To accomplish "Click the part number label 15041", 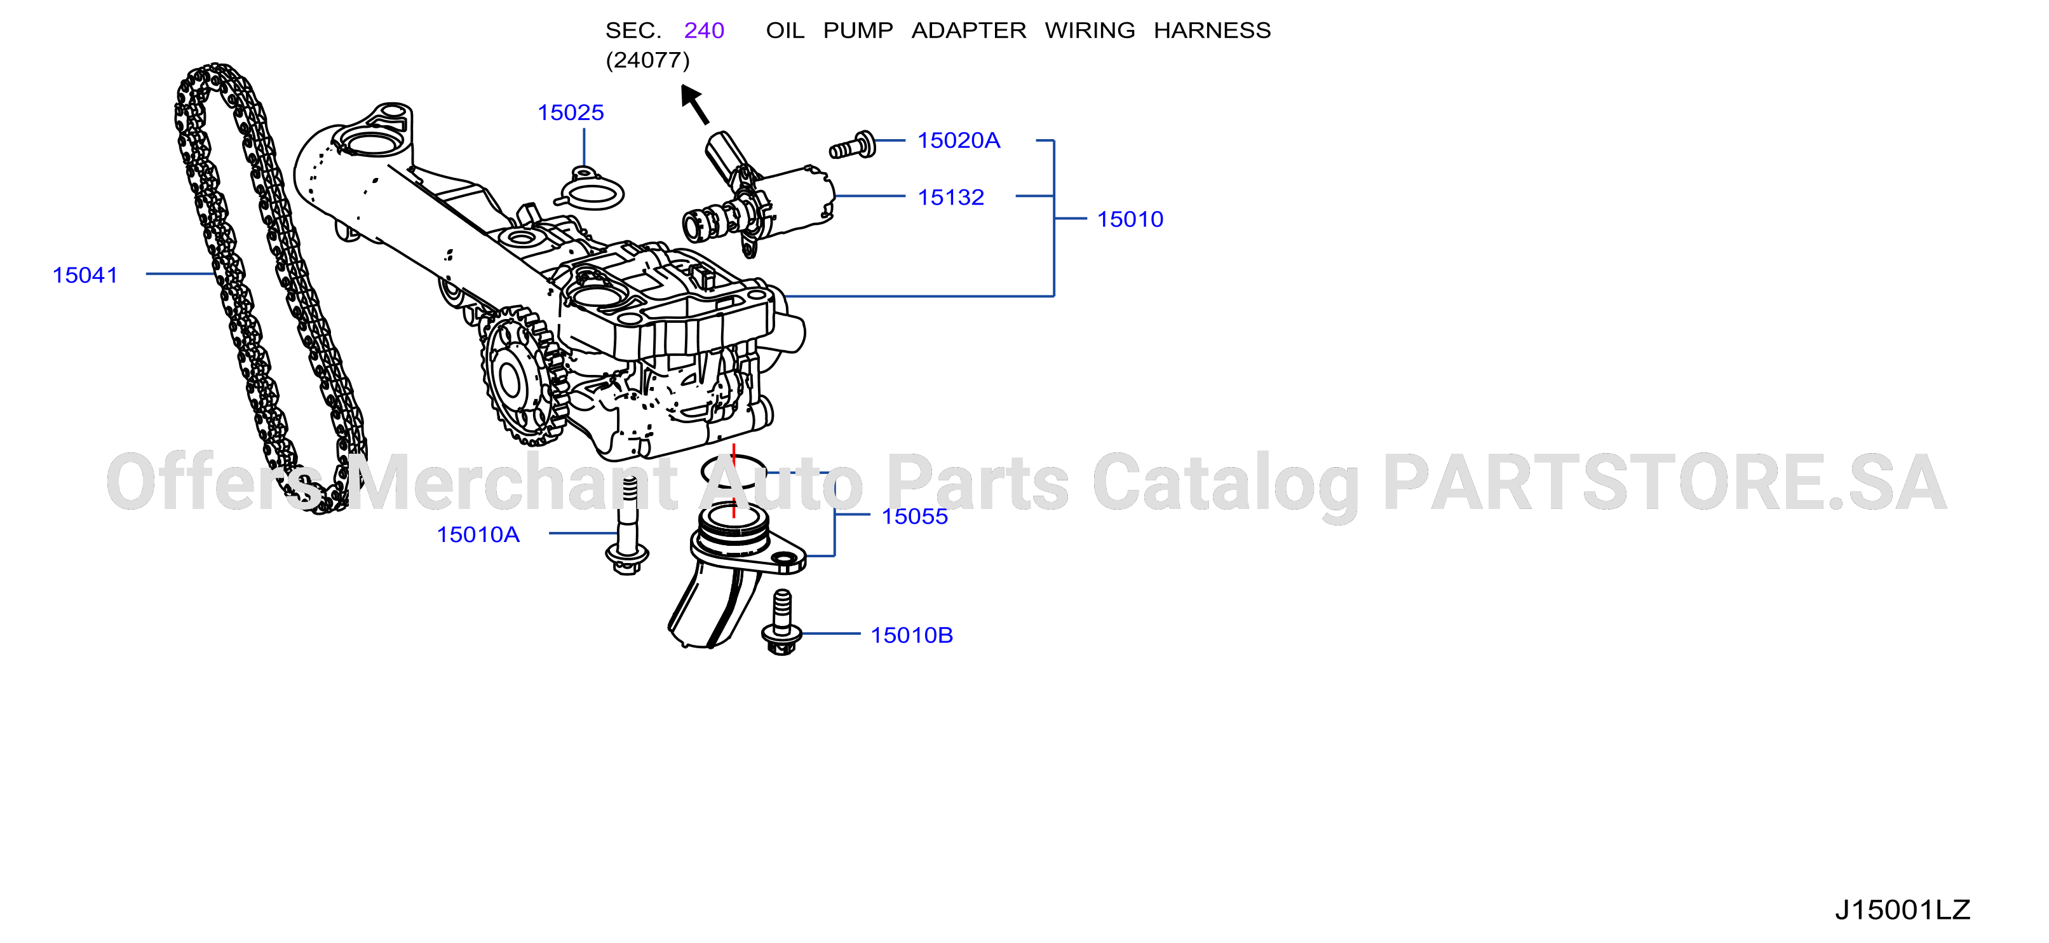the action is click(x=85, y=275).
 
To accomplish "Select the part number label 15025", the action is click(x=571, y=113).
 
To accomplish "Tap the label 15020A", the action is click(x=959, y=141).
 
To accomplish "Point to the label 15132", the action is click(x=950, y=198).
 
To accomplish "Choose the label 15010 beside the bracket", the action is click(x=1130, y=220).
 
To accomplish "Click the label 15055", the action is click(x=915, y=517).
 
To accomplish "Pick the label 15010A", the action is click(x=478, y=535).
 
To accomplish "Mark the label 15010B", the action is click(x=912, y=635).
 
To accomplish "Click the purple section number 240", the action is click(x=704, y=31).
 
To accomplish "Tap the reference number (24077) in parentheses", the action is click(x=647, y=60).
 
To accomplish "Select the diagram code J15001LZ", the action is click(x=1903, y=909).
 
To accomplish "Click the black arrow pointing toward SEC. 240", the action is click(x=694, y=105).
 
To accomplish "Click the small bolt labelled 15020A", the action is click(x=852, y=146).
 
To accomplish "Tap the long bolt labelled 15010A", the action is click(x=628, y=526).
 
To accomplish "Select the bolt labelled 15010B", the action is click(x=782, y=622).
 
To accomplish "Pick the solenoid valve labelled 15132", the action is click(x=760, y=195).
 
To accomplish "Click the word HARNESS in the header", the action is click(x=1212, y=31).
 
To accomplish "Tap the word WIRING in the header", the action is click(x=1090, y=31).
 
